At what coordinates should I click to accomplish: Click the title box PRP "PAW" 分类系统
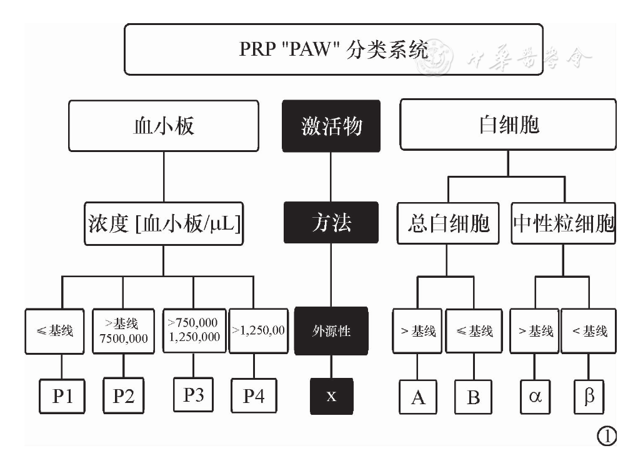coord(334,49)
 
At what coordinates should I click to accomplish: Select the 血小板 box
coord(164,126)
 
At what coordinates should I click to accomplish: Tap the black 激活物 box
coord(331,126)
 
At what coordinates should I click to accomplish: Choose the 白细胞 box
coord(507,126)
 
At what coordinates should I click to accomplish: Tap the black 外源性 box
coord(331,331)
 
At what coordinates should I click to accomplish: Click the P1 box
coord(61,397)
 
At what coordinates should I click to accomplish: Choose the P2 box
coord(124,397)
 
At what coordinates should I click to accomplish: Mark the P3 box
coord(194,395)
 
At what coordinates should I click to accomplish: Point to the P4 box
coord(254,397)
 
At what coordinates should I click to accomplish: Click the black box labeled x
coord(331,397)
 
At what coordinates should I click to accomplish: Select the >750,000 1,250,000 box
coord(194,329)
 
